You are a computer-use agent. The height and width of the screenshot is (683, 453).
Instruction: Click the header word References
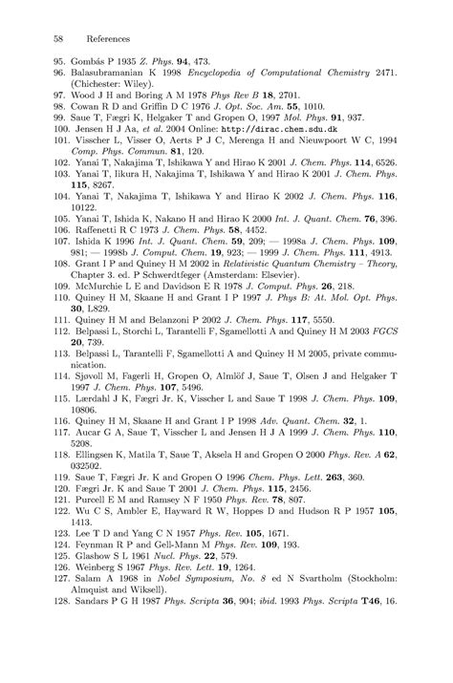pyautogui.click(x=102, y=39)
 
